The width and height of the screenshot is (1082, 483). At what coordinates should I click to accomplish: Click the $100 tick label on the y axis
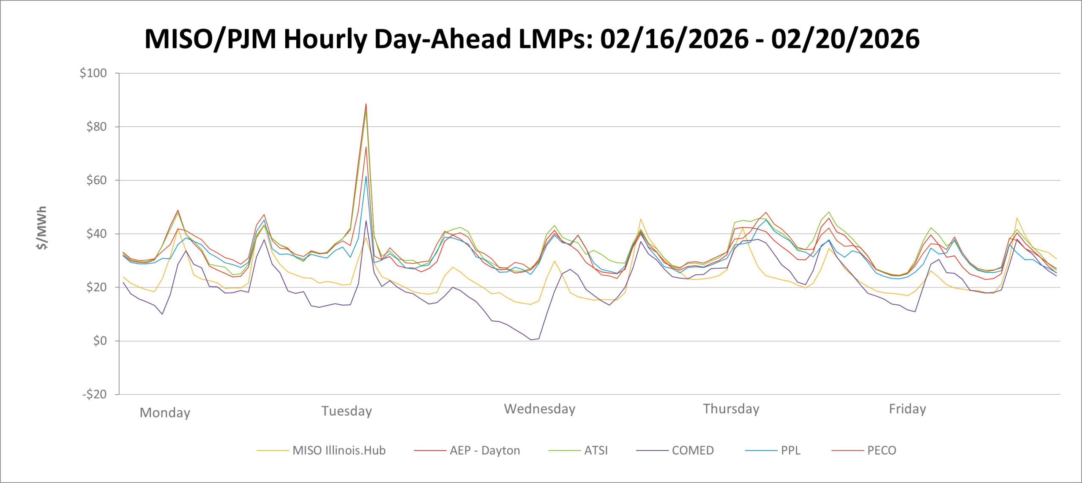point(93,73)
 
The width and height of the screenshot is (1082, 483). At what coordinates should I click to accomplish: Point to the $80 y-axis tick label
point(96,126)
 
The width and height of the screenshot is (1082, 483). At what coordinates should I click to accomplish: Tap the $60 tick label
point(96,180)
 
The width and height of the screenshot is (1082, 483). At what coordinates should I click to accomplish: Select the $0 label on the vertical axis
point(100,341)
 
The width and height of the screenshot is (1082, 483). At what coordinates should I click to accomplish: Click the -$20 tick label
point(94,394)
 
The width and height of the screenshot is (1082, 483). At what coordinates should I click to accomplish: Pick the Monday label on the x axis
point(165,412)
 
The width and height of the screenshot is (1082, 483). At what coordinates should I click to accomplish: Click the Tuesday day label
point(347,411)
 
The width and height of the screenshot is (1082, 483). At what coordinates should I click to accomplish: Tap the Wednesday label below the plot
point(540,409)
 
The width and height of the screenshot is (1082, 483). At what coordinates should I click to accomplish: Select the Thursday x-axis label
point(731,409)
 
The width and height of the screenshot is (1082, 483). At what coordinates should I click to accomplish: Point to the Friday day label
point(907,409)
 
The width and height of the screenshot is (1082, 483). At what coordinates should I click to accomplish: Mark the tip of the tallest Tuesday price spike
point(366,104)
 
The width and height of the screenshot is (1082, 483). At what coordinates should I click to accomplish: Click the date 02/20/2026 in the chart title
point(845,39)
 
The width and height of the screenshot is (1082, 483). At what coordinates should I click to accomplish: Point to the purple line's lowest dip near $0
point(531,340)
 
